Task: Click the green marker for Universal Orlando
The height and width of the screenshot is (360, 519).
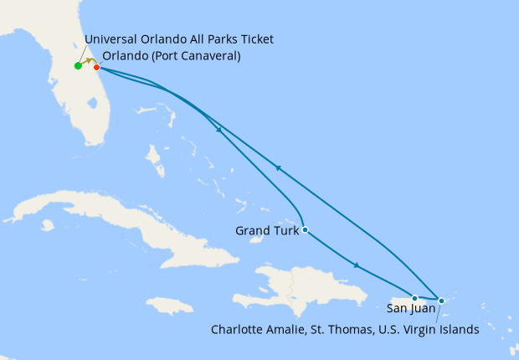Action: (x=78, y=66)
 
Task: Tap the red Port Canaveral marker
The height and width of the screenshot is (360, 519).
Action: (x=97, y=67)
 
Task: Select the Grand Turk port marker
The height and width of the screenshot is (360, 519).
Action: (x=306, y=229)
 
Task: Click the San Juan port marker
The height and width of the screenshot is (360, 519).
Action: (x=414, y=298)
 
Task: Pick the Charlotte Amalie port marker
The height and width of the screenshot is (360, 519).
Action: (x=441, y=300)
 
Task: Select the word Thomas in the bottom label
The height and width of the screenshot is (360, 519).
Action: (x=345, y=330)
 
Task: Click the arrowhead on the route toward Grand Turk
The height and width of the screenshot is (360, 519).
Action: (x=218, y=131)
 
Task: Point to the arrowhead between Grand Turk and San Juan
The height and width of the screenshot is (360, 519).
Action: (x=358, y=266)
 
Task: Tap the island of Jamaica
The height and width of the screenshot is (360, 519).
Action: (x=169, y=306)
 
